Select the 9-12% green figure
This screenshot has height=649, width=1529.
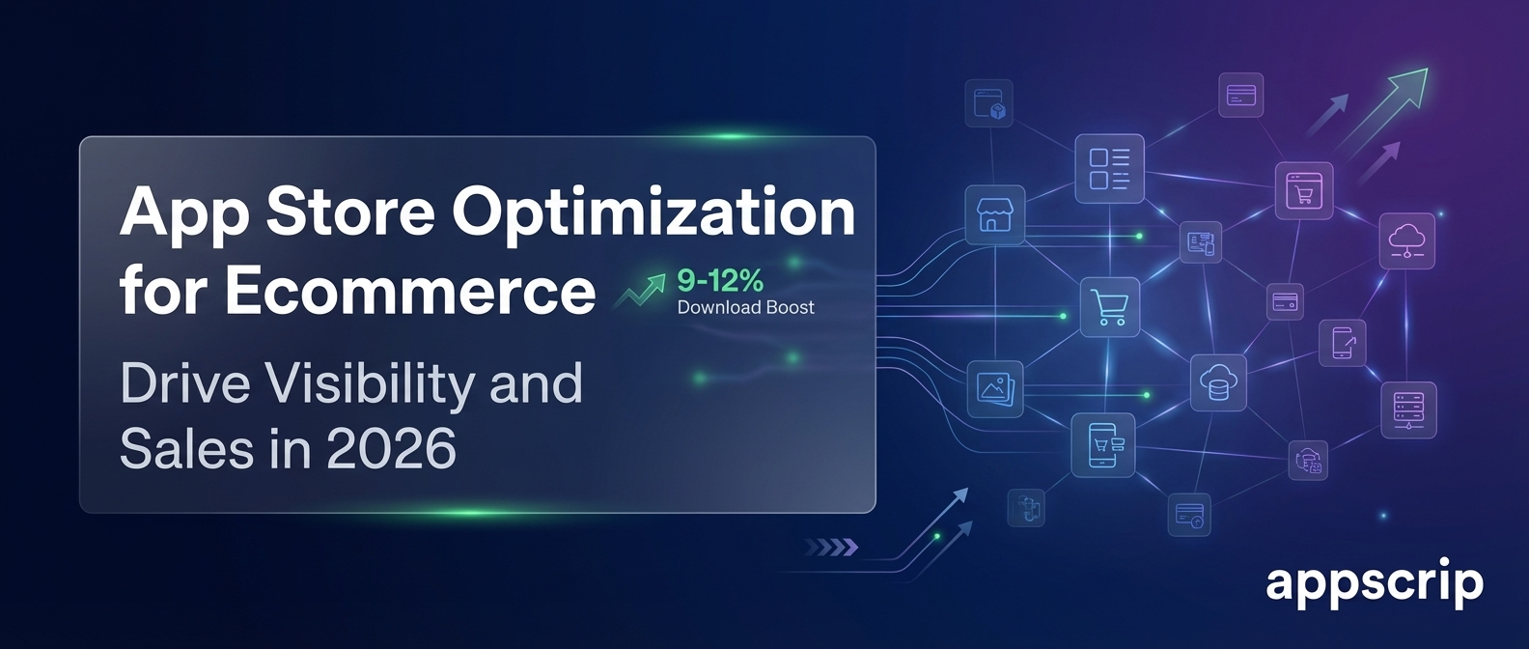tap(720, 281)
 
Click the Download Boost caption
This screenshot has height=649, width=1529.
tap(745, 307)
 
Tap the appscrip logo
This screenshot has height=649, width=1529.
tap(1375, 585)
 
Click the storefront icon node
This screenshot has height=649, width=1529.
tap(995, 215)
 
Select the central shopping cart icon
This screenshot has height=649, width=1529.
tap(1110, 307)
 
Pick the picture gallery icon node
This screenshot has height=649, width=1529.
tap(995, 388)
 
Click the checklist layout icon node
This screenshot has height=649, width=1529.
tap(1109, 169)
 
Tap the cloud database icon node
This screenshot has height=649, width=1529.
tap(1218, 383)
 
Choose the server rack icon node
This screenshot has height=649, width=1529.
tap(1409, 409)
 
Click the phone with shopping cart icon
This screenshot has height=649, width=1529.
tap(1103, 444)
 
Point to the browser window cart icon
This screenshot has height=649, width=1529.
tap(1304, 190)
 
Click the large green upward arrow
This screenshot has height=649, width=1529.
tap(1380, 110)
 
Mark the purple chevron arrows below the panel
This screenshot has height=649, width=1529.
tap(831, 548)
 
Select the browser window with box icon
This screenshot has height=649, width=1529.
tap(988, 103)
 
